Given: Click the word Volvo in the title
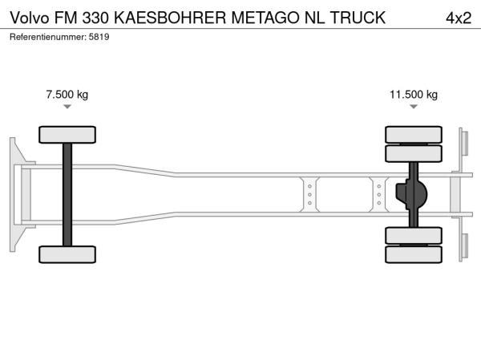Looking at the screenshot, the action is (30, 18).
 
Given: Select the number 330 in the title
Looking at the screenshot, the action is (95, 18).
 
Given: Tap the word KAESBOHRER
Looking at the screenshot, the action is (170, 18).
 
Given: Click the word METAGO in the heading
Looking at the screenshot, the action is (265, 18).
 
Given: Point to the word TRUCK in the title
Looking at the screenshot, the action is (358, 18).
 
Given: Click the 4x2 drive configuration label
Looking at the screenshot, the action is (459, 18).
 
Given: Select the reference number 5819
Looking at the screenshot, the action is (99, 37).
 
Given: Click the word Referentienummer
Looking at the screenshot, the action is (47, 37).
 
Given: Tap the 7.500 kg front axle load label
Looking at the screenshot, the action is (67, 95).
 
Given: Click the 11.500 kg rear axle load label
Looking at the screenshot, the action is (414, 95).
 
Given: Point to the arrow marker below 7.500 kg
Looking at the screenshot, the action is (67, 107).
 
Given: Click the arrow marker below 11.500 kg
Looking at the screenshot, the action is (414, 107).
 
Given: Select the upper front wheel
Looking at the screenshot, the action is (67, 135).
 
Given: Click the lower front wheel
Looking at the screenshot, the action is (67, 254).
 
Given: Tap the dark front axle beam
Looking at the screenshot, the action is (67, 195).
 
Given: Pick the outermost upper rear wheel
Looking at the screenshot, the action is (414, 135).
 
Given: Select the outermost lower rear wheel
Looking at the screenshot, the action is (414, 254).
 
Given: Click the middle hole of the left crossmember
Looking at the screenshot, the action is (309, 195).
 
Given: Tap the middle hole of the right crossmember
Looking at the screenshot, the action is (379, 195).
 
